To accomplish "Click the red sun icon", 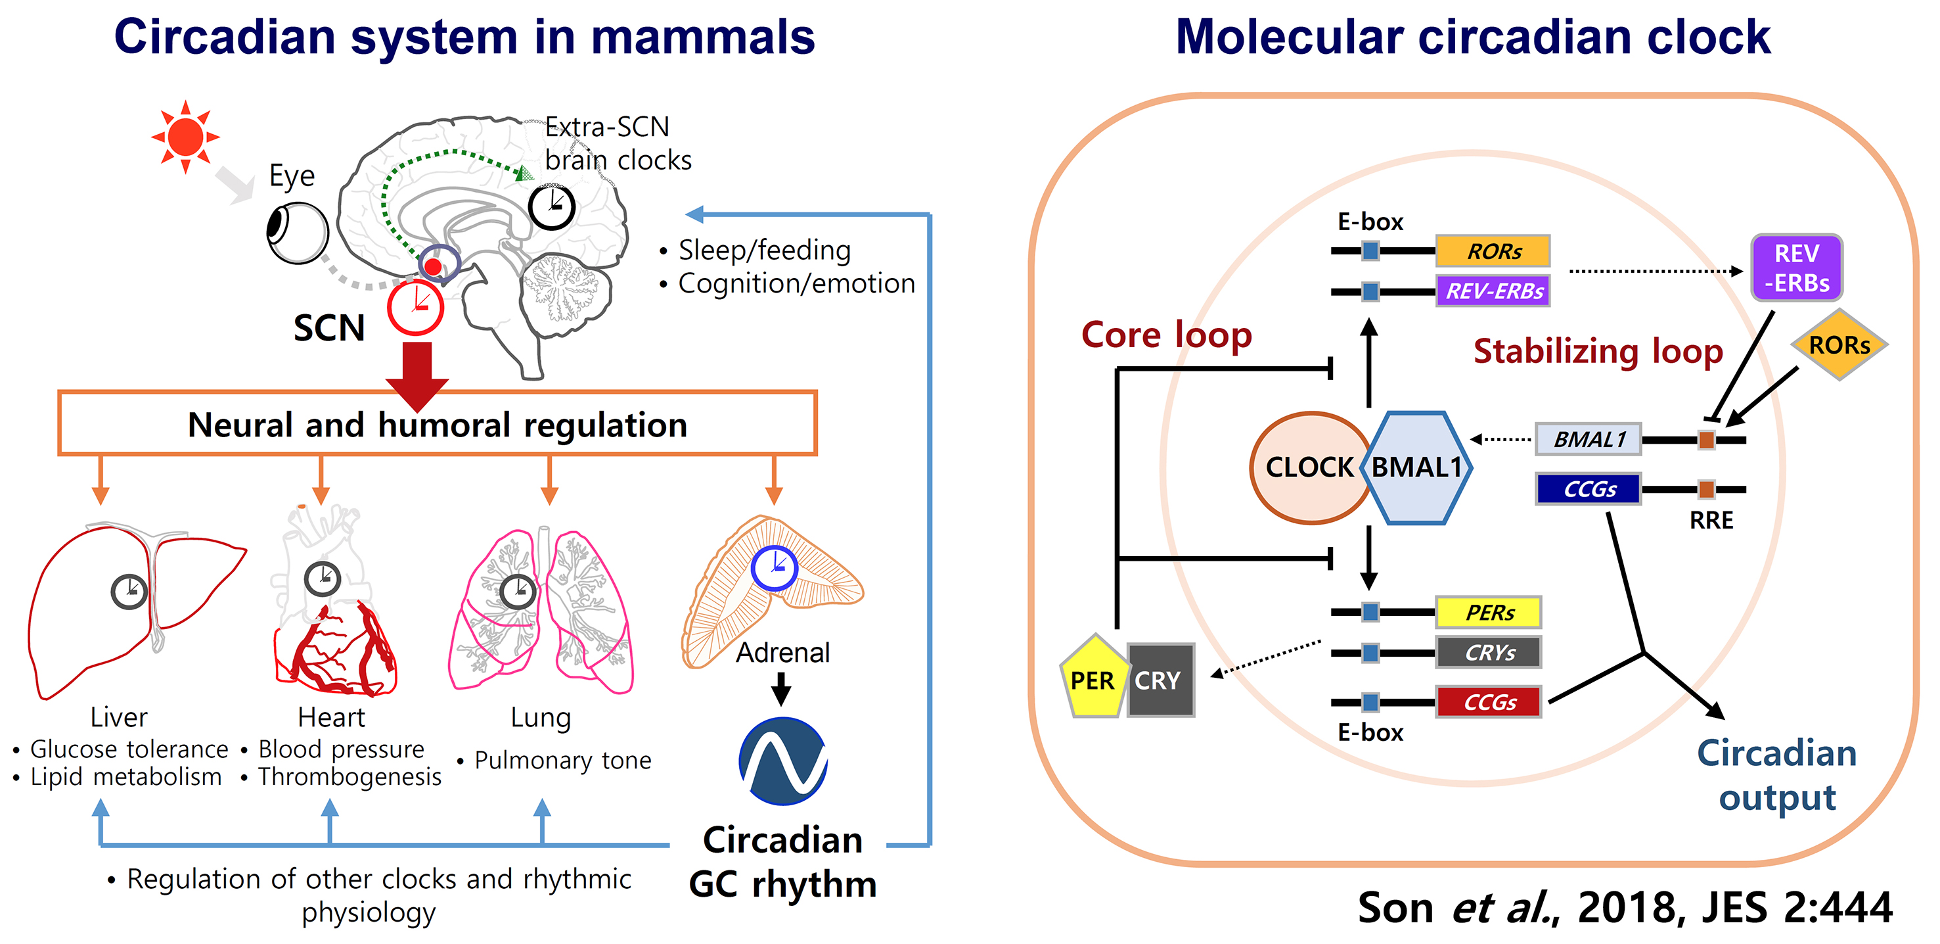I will (185, 137).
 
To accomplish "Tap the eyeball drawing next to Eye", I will (298, 233).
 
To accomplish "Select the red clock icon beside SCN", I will (415, 308).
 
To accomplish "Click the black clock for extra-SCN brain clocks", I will (551, 206).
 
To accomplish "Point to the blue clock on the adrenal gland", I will (773, 568).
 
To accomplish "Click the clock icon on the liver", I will (129, 592).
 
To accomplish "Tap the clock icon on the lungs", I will (518, 592).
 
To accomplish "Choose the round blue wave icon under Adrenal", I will (783, 761).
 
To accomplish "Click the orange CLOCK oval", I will (1309, 468).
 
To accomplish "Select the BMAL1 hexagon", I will (1416, 468).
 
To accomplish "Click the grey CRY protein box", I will (1160, 680).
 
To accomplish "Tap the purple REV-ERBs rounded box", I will (1796, 268).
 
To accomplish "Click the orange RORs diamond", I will (1839, 345).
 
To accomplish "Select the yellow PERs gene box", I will (1488, 613).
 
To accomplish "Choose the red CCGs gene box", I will (1488, 702).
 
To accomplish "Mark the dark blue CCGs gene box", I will (1589, 489).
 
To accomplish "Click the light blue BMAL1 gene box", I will (1589, 439).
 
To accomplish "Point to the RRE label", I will (1711, 521).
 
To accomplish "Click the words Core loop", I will (1167, 335).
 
